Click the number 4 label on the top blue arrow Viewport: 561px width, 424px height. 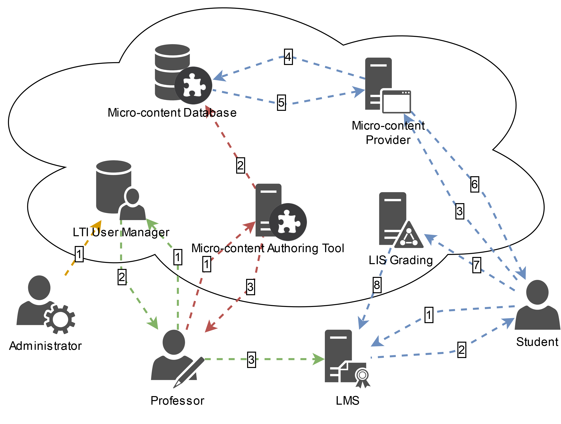click(x=288, y=57)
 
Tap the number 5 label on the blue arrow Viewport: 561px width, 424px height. click(x=281, y=102)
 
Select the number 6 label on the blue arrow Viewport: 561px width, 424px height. click(x=475, y=184)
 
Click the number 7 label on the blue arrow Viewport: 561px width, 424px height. click(x=477, y=265)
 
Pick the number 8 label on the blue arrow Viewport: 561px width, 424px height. click(x=377, y=285)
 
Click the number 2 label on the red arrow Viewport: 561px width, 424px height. click(x=240, y=165)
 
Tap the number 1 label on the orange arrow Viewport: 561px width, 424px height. click(x=79, y=254)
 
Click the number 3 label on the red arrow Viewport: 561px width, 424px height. click(x=250, y=287)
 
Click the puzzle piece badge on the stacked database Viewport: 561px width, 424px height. click(x=194, y=86)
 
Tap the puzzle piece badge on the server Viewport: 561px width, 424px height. click(x=288, y=222)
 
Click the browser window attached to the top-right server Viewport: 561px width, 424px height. click(x=396, y=101)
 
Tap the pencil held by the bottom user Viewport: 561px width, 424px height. click(x=189, y=373)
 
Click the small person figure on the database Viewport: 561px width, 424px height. click(x=132, y=204)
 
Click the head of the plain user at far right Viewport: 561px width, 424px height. click(x=537, y=292)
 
